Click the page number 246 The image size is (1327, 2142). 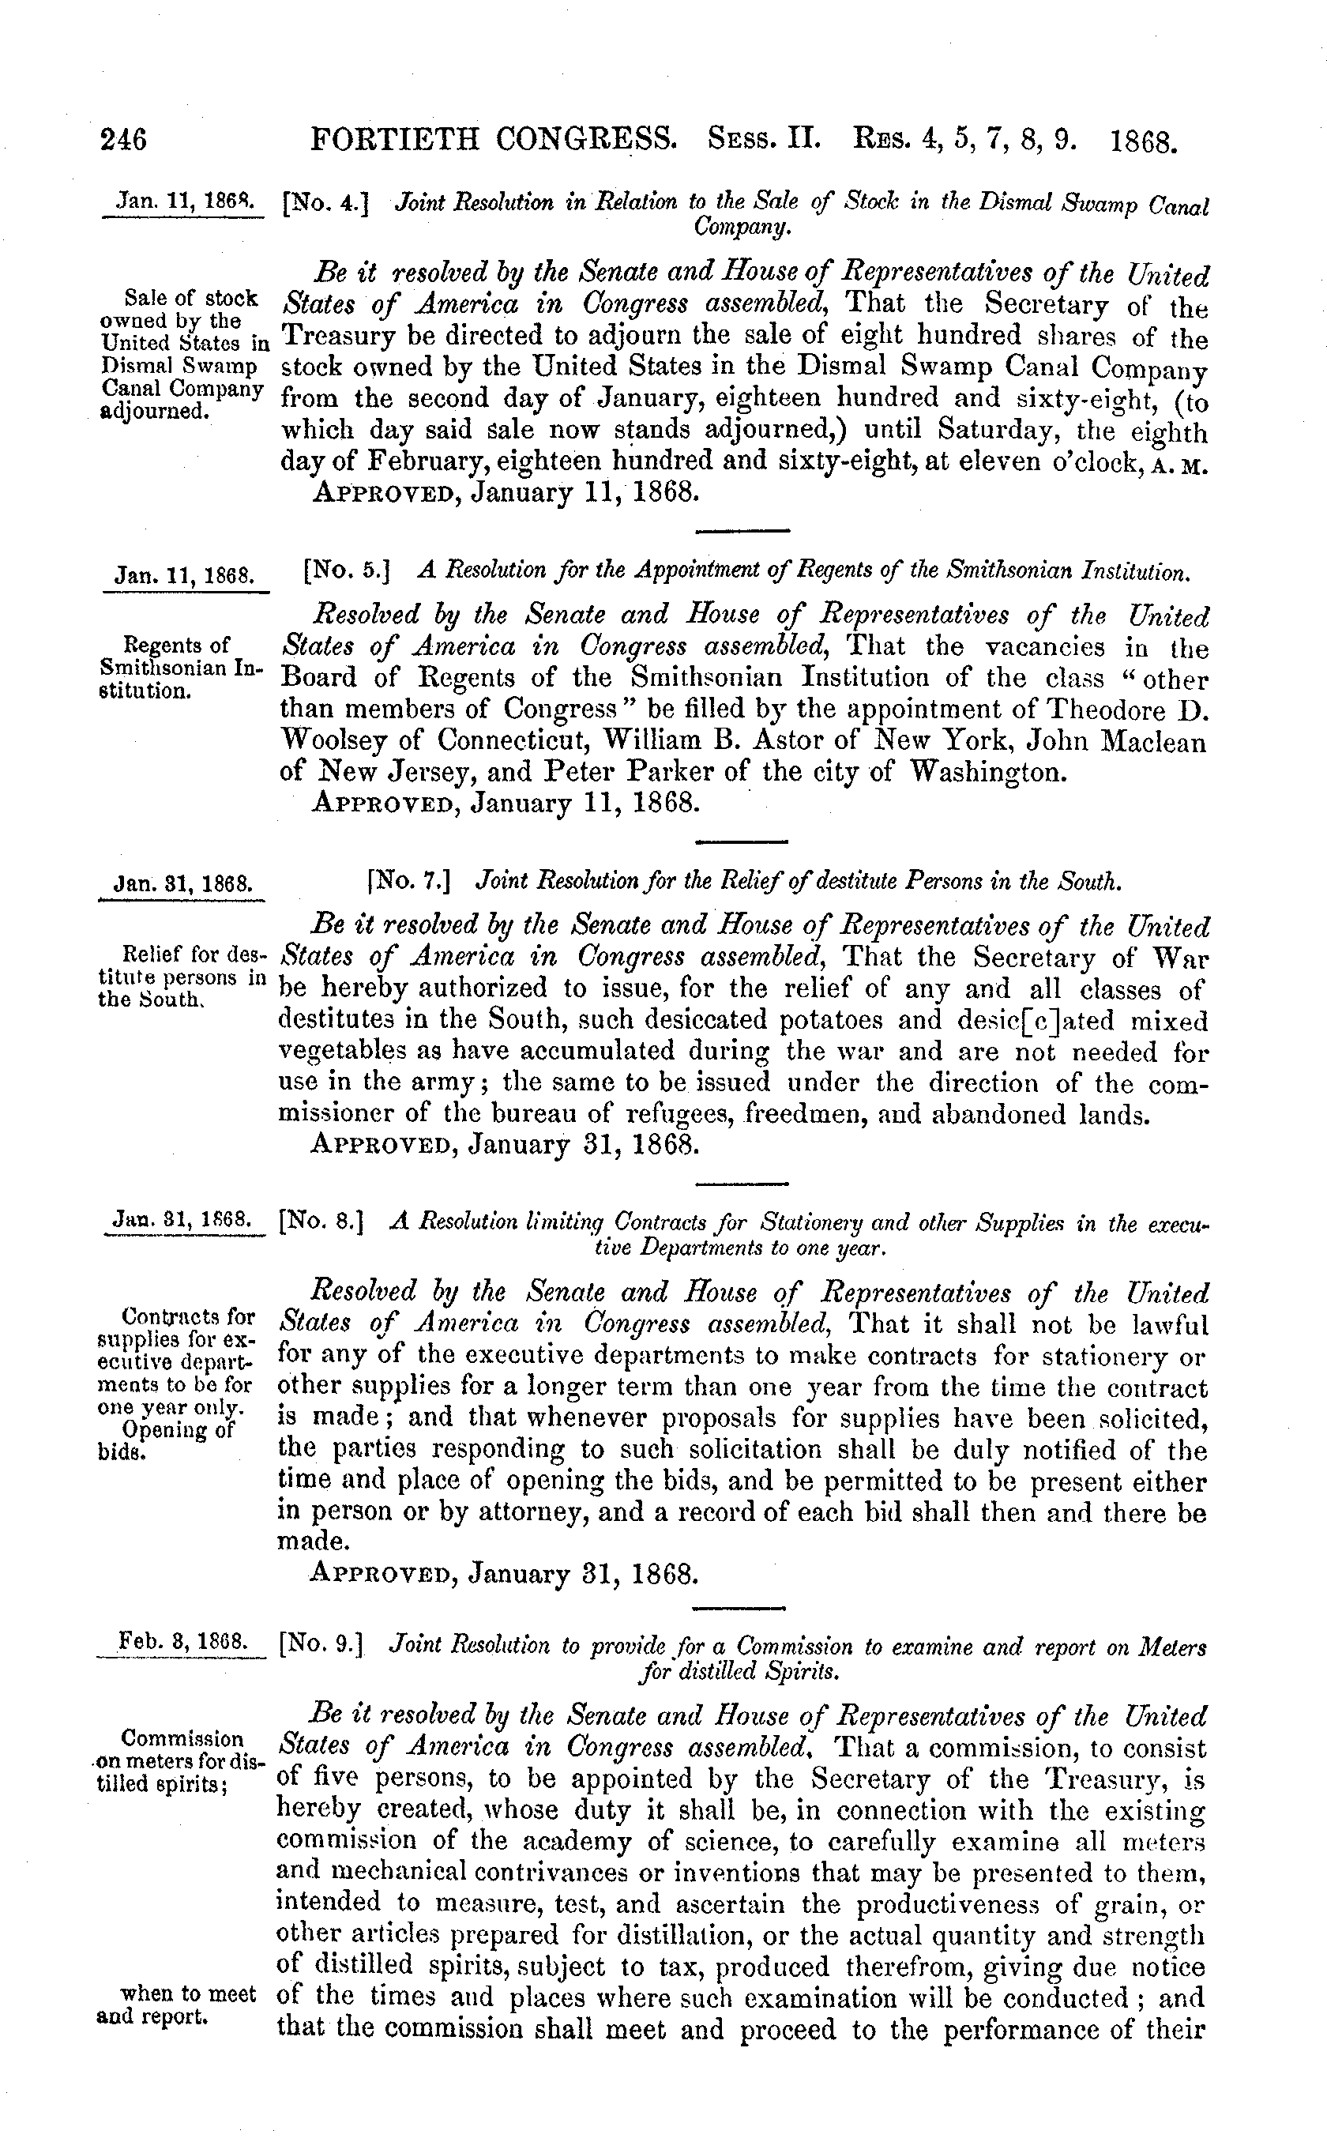tap(125, 140)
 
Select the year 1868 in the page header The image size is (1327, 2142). tap(1144, 141)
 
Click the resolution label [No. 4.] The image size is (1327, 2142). tap(325, 205)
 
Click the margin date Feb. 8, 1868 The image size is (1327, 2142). tap(182, 1641)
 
